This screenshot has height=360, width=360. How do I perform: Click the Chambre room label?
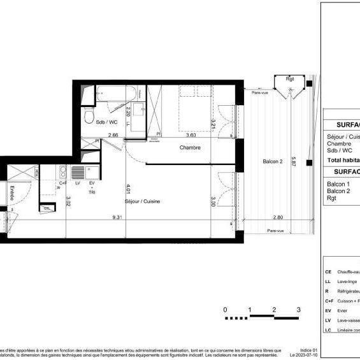pyautogui.click(x=189, y=148)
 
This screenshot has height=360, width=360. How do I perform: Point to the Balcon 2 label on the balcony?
pyautogui.click(x=273, y=162)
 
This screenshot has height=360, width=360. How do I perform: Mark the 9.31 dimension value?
pyautogui.click(x=117, y=217)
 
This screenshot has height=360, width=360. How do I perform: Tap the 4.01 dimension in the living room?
pyautogui.click(x=129, y=188)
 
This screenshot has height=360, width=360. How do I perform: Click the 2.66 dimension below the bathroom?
pyautogui.click(x=113, y=135)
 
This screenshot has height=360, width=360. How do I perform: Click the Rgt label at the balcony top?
pyautogui.click(x=290, y=80)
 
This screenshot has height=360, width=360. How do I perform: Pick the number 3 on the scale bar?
pyautogui.click(x=298, y=310)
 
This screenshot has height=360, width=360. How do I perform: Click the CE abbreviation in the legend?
pyautogui.click(x=328, y=271)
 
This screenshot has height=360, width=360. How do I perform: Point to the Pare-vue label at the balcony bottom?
pyautogui.click(x=275, y=231)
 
